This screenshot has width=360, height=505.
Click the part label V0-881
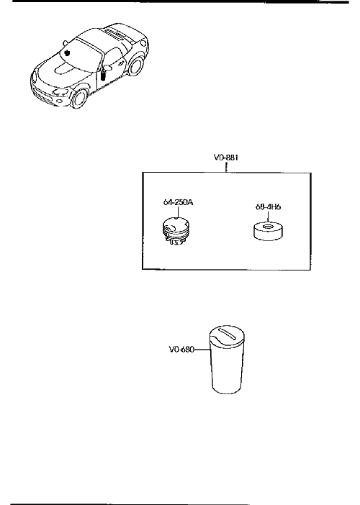click(x=226, y=158)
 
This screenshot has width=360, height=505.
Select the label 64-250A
click(x=178, y=203)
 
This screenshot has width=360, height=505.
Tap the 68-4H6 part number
click(x=268, y=206)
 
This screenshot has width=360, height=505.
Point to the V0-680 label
click(x=181, y=350)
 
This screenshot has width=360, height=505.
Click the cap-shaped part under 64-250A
click(x=174, y=231)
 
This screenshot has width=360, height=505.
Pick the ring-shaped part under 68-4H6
click(x=268, y=231)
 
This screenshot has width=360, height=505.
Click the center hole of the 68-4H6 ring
click(x=268, y=227)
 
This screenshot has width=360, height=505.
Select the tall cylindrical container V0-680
click(x=228, y=360)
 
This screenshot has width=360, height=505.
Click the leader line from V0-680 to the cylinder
click(x=202, y=350)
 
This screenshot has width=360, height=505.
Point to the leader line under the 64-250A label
click(x=178, y=212)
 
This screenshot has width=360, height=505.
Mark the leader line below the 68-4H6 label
click(x=268, y=217)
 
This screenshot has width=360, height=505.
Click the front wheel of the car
click(x=79, y=99)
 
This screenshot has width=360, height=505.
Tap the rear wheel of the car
click(x=135, y=66)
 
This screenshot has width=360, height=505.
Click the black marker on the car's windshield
click(x=68, y=53)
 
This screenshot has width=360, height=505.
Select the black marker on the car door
click(x=103, y=76)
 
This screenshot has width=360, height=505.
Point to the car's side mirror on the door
click(x=108, y=68)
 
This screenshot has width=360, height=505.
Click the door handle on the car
click(x=120, y=63)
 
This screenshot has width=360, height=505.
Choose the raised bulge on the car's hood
click(x=65, y=68)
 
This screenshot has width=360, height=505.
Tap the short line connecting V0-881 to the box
click(x=227, y=167)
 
